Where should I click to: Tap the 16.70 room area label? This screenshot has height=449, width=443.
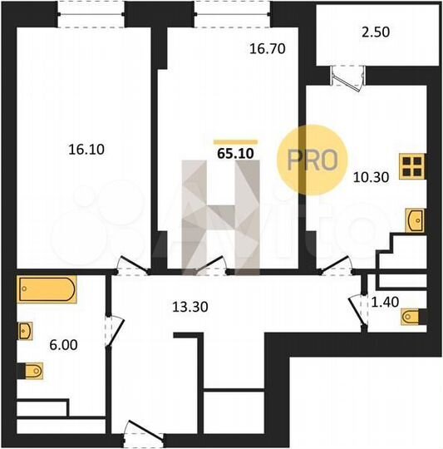[x=268, y=49]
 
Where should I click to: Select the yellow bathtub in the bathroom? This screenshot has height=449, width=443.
[x=47, y=290]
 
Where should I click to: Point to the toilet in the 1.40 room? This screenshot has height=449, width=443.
[x=412, y=318]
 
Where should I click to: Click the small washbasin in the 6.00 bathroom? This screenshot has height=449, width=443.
[x=25, y=331]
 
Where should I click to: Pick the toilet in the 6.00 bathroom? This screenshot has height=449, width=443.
[x=30, y=368]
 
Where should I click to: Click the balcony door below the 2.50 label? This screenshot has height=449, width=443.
[x=342, y=76]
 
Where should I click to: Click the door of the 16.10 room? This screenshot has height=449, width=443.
[x=127, y=264]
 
